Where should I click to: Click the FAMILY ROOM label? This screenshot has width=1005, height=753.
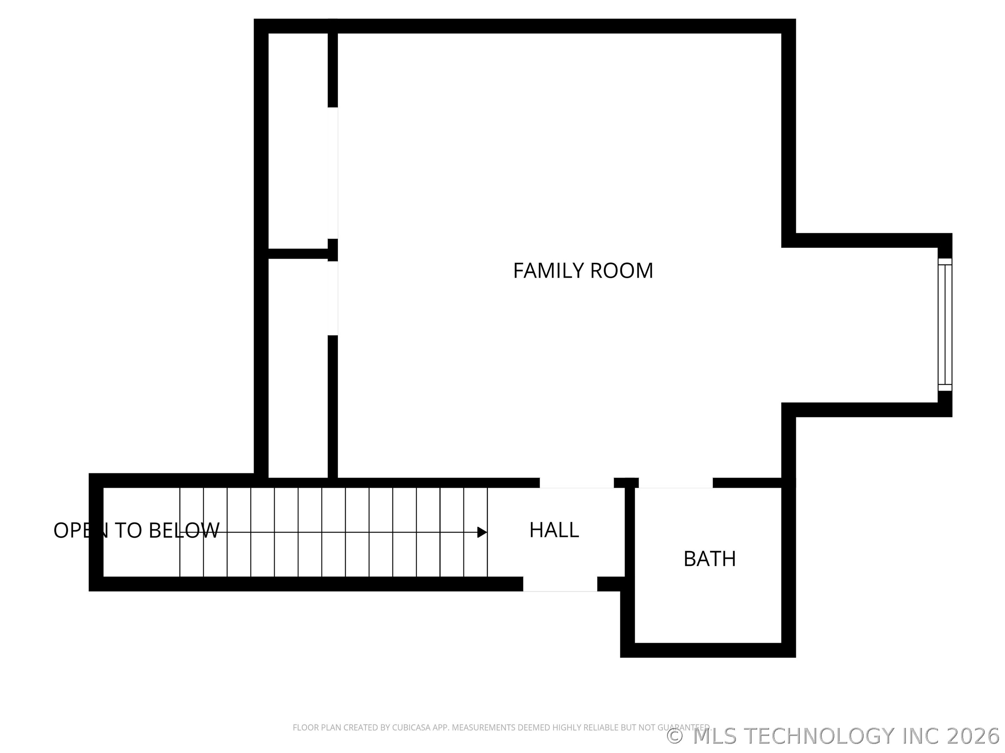[x=583, y=271]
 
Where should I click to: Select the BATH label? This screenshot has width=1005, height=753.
[x=710, y=559]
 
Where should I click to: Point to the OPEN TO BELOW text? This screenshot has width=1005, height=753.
[x=136, y=530]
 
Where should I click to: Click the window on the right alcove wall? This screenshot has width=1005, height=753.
[x=945, y=325]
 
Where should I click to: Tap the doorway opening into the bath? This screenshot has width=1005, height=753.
[x=676, y=483]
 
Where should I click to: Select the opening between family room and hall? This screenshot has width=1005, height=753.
[x=576, y=483]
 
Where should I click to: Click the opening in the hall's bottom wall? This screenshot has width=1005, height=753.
[x=560, y=584]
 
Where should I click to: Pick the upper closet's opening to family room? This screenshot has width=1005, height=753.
[x=333, y=173]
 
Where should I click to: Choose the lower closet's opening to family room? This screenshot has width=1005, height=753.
[x=333, y=298]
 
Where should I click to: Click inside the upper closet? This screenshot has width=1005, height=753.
[x=298, y=141]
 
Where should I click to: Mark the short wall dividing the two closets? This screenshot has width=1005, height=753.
[x=298, y=254]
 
